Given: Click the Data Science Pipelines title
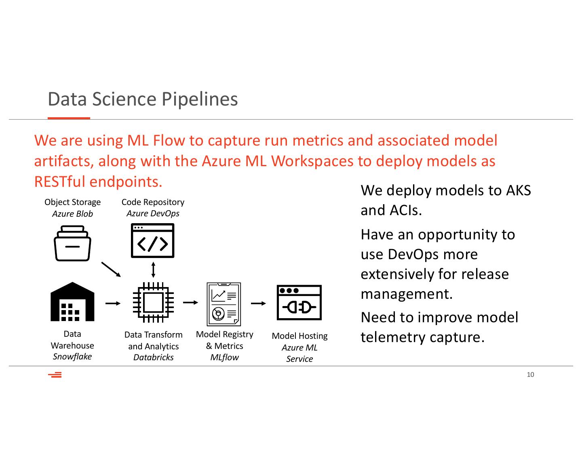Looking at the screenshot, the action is point(143,99).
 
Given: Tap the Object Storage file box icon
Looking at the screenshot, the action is point(72,243).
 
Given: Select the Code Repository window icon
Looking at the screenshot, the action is point(152,241).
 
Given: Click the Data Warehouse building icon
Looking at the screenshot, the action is point(72,302).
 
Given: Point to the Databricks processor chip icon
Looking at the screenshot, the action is point(153,302).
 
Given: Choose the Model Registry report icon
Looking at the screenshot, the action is point(224,304).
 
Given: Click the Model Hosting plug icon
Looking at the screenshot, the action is point(299,302).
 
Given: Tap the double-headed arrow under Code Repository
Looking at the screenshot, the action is point(153,269).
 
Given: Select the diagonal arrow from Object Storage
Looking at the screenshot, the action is point(111,269).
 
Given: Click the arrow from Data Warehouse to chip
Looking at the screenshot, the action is point(113,303).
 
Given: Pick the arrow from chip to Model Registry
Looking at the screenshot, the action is point(190,302).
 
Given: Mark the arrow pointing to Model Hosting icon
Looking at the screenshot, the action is point(258,303).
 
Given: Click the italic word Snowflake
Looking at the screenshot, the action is point(72,357).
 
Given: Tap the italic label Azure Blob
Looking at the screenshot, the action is point(72,214).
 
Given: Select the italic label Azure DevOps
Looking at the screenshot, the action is point(153,213).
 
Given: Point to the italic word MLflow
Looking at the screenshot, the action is point(224,357).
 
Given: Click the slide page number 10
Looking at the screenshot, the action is point(530,375).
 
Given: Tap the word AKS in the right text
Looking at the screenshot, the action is point(519,190).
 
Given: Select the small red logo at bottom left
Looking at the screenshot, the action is point(55,375).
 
